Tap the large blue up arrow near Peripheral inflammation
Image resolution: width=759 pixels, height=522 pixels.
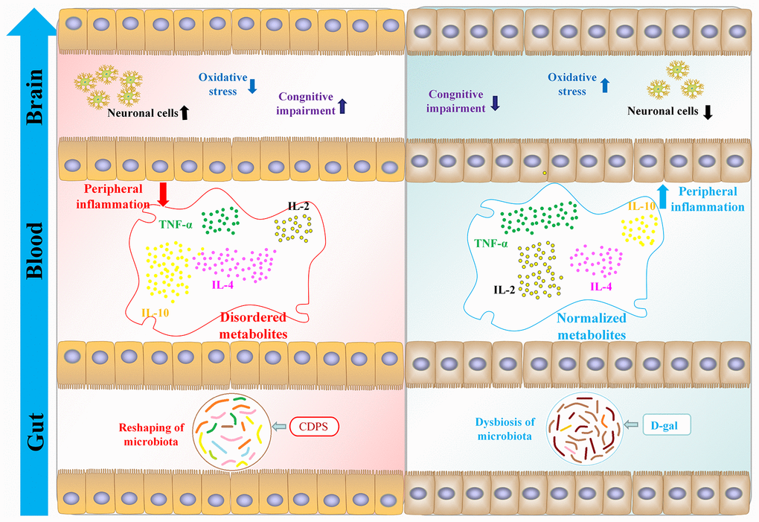point(662,197)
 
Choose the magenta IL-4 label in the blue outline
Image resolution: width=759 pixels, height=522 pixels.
point(601,285)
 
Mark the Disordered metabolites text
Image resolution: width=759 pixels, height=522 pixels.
point(253,328)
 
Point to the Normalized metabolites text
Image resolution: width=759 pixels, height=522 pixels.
point(592,328)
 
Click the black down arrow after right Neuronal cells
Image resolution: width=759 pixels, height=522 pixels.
point(708,112)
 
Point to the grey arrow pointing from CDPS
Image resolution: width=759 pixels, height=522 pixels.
point(278,426)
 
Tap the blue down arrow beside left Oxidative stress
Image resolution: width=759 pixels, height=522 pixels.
point(252,86)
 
